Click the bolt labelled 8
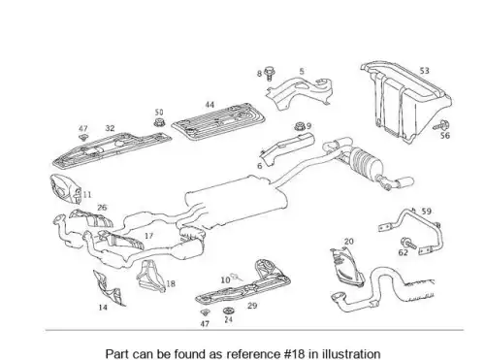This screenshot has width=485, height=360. [x=269, y=74]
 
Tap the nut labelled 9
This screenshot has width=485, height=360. [x=300, y=126]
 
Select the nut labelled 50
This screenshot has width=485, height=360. [x=158, y=122]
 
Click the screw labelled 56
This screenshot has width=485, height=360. [x=442, y=125]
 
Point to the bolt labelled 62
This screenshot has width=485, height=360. [x=408, y=244]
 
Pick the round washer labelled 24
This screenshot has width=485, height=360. [x=228, y=311]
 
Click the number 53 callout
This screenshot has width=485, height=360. [x=424, y=71]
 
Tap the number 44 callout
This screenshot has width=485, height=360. [x=210, y=105]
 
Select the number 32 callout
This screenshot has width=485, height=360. [x=110, y=128]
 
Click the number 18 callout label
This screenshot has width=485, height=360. [x=171, y=283]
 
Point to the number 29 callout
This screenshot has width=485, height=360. [x=252, y=306]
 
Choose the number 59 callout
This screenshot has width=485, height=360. [x=427, y=212]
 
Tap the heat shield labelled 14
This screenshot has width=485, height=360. [x=109, y=289]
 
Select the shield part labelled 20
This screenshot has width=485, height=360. [x=347, y=268]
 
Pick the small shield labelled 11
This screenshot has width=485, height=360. [x=65, y=189]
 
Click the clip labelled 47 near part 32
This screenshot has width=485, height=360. [x=83, y=138]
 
